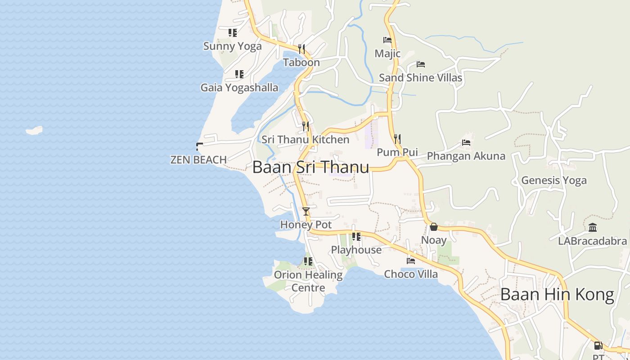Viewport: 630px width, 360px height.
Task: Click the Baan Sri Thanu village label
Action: click(310, 167)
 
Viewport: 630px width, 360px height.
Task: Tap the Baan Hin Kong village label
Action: click(557, 295)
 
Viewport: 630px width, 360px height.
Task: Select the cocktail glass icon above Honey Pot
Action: click(306, 211)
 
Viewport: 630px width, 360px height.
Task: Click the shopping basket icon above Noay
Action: click(434, 227)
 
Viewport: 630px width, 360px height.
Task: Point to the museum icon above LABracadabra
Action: click(593, 228)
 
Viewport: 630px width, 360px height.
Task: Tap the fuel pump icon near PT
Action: click(598, 346)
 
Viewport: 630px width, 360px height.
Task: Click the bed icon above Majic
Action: click(387, 40)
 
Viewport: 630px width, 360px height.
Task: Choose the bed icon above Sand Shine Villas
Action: click(421, 64)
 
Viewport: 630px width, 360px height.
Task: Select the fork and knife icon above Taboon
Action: click(301, 49)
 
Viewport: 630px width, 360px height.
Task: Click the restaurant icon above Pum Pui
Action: click(397, 139)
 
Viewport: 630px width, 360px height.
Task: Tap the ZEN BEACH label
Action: click(198, 160)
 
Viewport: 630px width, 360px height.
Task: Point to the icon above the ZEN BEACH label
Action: click(199, 146)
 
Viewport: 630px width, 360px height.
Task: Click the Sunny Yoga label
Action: click(232, 46)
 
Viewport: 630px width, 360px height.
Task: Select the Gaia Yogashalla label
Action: click(239, 87)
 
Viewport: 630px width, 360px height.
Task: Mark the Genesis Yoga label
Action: click(554, 180)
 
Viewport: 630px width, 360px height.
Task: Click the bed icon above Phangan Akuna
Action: click(466, 143)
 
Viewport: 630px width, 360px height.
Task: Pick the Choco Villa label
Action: click(411, 274)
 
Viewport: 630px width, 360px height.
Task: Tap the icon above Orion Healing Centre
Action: click(308, 261)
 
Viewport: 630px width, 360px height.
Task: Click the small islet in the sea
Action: click(34, 130)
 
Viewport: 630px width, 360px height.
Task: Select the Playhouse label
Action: click(356, 250)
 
